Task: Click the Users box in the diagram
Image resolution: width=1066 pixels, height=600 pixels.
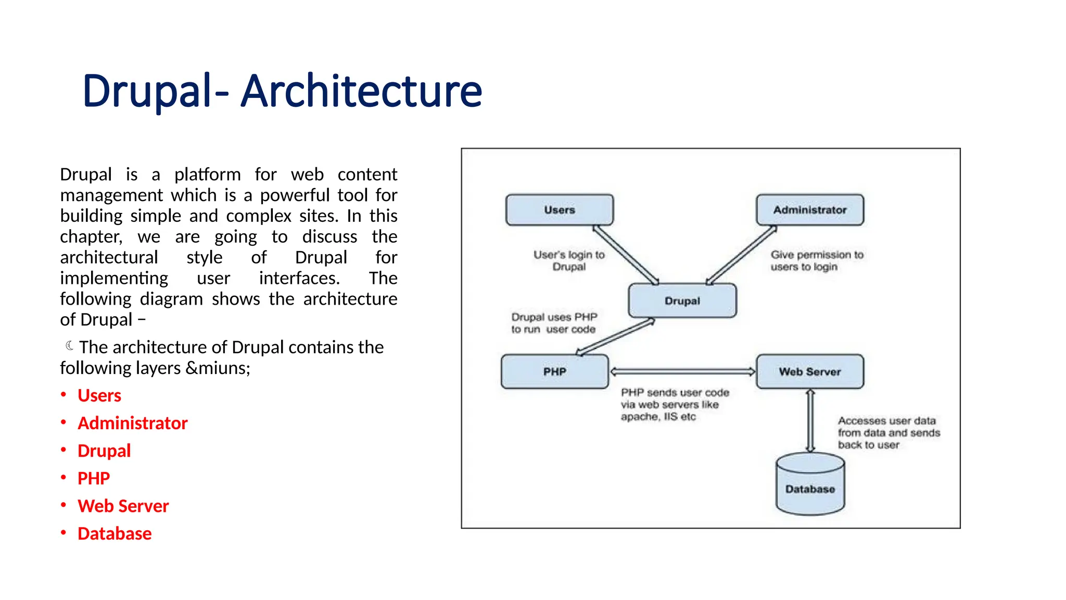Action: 560,210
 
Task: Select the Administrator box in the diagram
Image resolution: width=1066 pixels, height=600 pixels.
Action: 810,210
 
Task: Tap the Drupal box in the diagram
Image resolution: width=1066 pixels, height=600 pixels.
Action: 682,301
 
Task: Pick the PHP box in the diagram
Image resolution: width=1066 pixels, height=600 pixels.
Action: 555,371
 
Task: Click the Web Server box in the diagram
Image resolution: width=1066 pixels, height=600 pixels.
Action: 810,371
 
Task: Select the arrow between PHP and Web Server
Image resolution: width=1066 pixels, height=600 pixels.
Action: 682,371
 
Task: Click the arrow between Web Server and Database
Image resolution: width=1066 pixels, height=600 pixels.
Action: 810,421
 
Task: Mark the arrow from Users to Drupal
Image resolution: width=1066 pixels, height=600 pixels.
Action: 626,255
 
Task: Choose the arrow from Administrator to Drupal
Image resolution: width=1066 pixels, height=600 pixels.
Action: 741,255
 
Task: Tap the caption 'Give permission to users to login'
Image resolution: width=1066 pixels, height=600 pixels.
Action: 816,260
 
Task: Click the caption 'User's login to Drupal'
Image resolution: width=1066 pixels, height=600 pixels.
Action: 569,260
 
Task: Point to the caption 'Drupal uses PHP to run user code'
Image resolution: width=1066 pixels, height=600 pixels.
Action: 554,323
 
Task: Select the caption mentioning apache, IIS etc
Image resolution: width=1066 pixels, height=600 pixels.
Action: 675,404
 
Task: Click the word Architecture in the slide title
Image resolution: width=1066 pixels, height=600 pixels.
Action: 361,91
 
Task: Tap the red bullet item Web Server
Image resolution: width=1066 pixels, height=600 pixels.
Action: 123,506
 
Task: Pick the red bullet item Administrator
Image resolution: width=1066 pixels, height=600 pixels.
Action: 132,423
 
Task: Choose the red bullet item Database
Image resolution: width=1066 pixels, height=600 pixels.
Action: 115,533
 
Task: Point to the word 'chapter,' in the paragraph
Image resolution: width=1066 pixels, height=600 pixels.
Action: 91,236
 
